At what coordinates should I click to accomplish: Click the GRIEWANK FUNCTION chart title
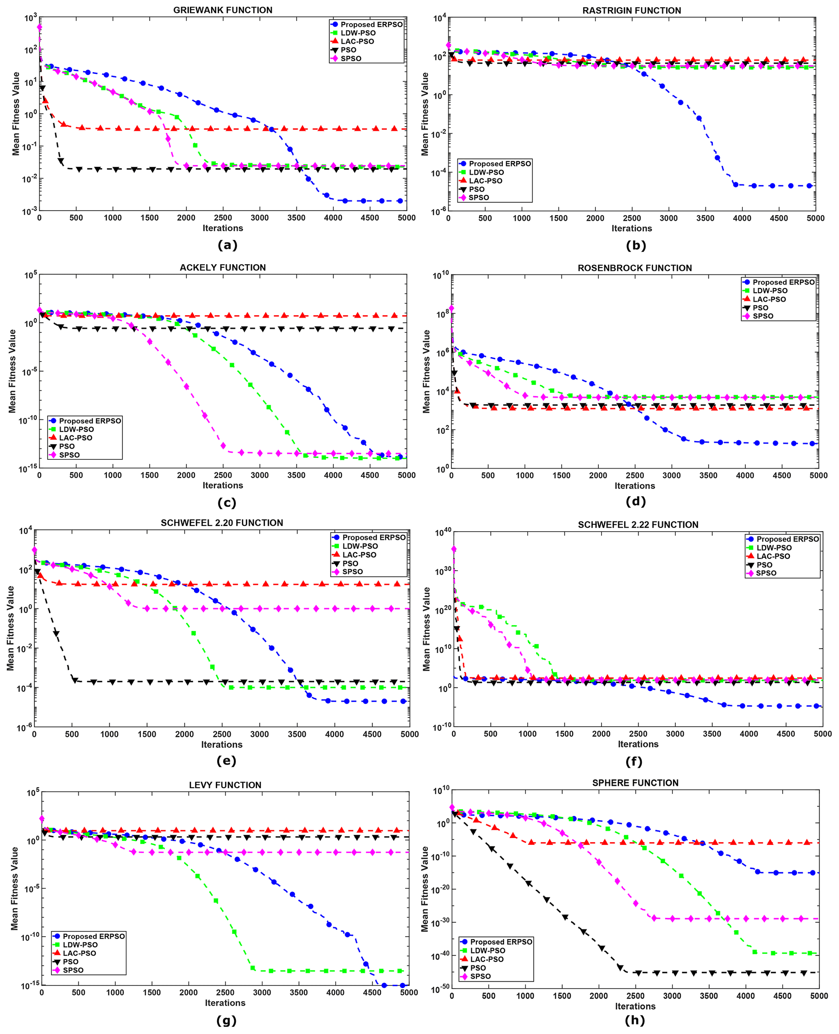coord(223,10)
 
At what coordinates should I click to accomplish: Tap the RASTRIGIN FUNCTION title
coord(632,11)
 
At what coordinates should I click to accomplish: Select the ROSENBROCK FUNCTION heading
coord(634,268)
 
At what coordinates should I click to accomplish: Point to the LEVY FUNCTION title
coord(225,785)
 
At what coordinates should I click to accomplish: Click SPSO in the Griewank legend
coord(351,58)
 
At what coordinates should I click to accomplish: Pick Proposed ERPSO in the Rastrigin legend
coord(500,164)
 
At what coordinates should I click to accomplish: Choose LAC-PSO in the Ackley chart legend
coord(75,438)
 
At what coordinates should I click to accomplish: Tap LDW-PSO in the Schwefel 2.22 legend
coord(774,547)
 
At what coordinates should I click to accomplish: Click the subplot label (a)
coord(227,245)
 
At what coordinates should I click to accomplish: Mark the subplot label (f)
coord(634,761)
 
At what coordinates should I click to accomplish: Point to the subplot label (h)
coord(634,1020)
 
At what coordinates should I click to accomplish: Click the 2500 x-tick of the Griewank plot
coord(223,218)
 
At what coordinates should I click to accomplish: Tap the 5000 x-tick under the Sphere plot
coord(819,996)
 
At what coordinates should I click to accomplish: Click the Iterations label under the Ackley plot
coord(223,485)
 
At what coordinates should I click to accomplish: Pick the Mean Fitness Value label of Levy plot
coord(15,888)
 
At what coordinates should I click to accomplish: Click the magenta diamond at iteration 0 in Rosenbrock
coord(451,308)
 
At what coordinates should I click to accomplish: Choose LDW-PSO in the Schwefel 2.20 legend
coord(360,546)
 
